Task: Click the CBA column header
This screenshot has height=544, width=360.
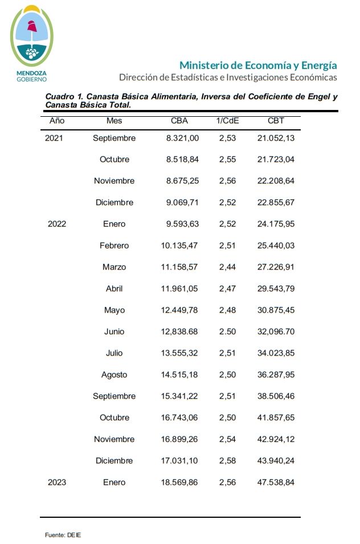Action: click(x=179, y=121)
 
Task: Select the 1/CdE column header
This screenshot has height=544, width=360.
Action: click(x=227, y=121)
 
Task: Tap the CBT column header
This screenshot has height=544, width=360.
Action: click(x=276, y=121)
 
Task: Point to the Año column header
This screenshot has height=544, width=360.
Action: click(x=57, y=121)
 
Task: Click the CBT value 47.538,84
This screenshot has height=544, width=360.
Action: click(x=276, y=482)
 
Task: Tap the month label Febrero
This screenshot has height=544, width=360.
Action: click(x=114, y=246)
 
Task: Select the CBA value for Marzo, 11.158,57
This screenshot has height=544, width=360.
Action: click(x=179, y=267)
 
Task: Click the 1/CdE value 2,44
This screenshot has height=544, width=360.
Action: click(x=227, y=267)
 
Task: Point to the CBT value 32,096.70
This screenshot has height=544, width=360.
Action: click(x=276, y=332)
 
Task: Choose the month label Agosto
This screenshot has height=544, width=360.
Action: click(x=114, y=375)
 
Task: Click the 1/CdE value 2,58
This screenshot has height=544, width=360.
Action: click(x=227, y=461)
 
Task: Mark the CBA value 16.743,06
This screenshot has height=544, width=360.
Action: click(x=179, y=418)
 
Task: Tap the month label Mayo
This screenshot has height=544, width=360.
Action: click(x=114, y=310)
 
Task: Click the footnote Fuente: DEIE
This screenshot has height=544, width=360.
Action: click(x=63, y=535)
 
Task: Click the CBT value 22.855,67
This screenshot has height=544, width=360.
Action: click(x=276, y=202)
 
